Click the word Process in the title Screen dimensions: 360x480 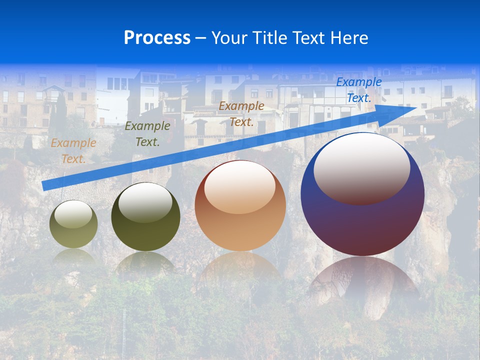[x=157, y=38]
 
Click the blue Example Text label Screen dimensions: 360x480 [x=358, y=90]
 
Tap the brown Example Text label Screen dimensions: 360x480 [x=241, y=113]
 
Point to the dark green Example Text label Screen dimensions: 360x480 [x=147, y=133]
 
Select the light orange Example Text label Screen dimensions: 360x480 [x=73, y=150]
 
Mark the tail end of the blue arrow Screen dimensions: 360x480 [x=45, y=185]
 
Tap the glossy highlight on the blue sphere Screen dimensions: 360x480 [x=361, y=167]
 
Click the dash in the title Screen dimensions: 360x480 [x=201, y=38]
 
